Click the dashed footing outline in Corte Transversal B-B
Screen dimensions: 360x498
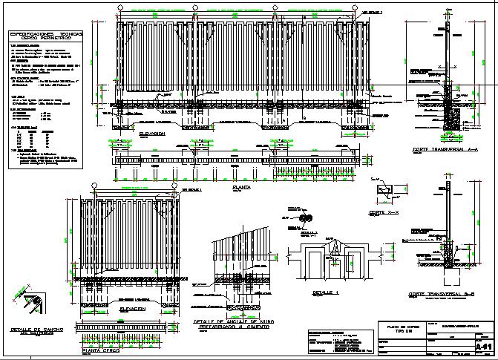pyautogui.click(x=450, y=275)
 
